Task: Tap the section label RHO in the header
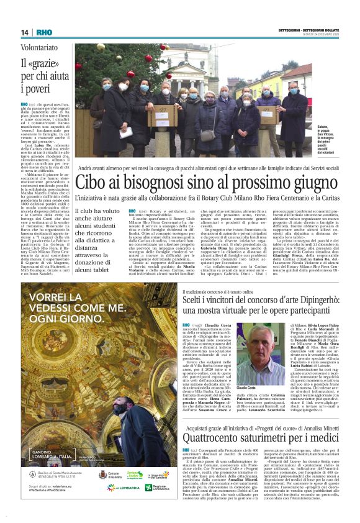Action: tap(44, 32)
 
